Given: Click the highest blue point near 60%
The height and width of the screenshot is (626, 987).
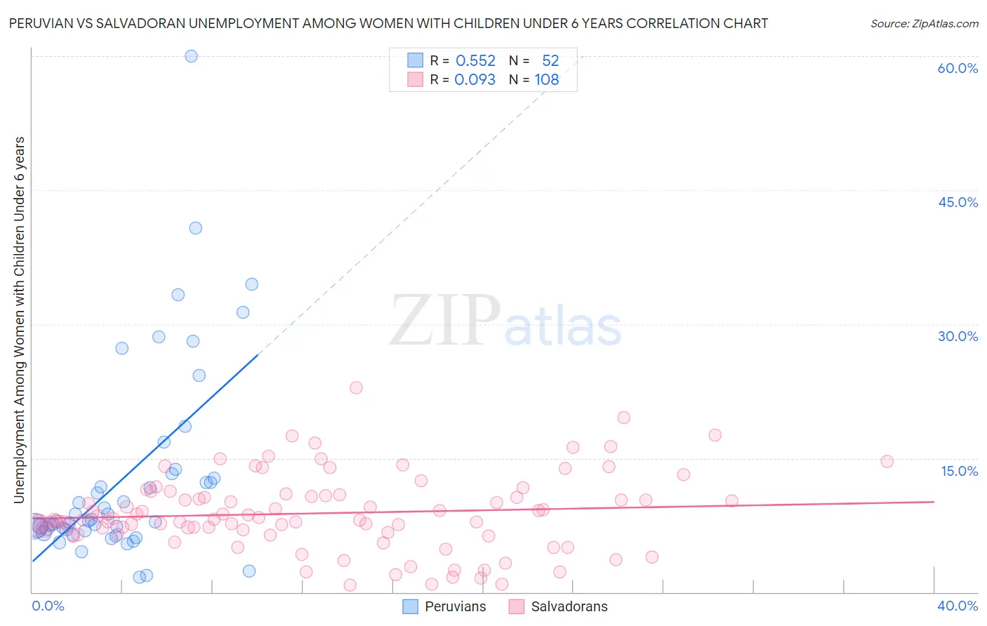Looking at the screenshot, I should pyautogui.click(x=191, y=56).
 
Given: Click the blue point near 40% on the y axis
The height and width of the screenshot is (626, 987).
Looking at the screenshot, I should pyautogui.click(x=196, y=228).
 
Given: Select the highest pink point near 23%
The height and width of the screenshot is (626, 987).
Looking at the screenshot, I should pyautogui.click(x=356, y=387).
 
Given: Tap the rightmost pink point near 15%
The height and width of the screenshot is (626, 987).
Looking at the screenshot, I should pyautogui.click(x=887, y=461).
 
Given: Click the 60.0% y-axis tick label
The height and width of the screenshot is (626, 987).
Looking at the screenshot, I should pyautogui.click(x=958, y=68).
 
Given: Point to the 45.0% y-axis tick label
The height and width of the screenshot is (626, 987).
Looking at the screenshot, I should pyautogui.click(x=958, y=202).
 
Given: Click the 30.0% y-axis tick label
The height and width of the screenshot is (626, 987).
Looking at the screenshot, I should pyautogui.click(x=958, y=336).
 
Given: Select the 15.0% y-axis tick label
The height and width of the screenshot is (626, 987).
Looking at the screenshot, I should pyautogui.click(x=959, y=471).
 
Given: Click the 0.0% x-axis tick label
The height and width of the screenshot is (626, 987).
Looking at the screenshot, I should pyautogui.click(x=48, y=606).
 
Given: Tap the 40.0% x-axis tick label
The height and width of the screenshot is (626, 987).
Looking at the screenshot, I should pyautogui.click(x=958, y=606).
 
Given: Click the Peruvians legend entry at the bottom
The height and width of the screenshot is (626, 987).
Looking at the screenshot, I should pyautogui.click(x=455, y=606).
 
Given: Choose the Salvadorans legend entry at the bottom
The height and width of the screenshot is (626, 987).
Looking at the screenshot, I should pyautogui.click(x=569, y=606).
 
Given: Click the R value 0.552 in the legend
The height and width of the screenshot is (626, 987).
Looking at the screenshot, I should pyautogui.click(x=475, y=61).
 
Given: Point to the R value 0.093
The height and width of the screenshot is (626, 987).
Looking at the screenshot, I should pyautogui.click(x=475, y=80).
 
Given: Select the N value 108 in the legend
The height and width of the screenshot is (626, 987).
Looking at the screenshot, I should pyautogui.click(x=547, y=80).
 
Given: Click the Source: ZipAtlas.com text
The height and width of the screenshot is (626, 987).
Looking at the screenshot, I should pyautogui.click(x=924, y=24).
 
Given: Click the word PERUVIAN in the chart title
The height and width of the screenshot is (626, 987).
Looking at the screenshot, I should pyautogui.click(x=42, y=24).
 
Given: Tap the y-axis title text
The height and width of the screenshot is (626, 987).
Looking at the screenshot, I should pyautogui.click(x=20, y=319).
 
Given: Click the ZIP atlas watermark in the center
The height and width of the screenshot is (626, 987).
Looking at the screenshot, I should pyautogui.click(x=505, y=321).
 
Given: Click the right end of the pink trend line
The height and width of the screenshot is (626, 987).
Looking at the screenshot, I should pyautogui.click(x=934, y=502).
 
